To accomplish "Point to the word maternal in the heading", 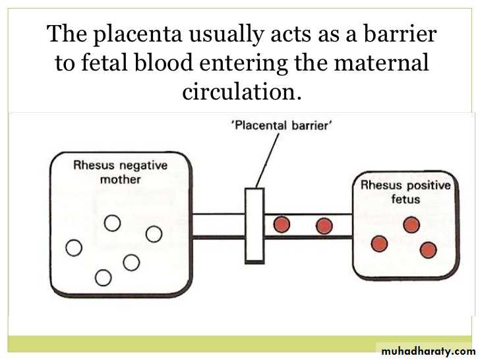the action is pos(381,63).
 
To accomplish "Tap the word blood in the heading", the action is pos(164,62).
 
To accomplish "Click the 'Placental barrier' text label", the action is pos(282,125).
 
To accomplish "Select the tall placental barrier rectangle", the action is pos(255,225).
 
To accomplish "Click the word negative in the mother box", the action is pos(143,166).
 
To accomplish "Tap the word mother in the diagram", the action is pos(120,179).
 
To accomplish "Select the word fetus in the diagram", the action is pos(405,199).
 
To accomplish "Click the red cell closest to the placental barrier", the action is pos(282,224).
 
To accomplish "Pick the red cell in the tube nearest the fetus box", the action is pos(324,226).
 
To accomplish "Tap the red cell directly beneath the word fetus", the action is pos(411,225).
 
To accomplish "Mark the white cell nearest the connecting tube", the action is pos(154,234).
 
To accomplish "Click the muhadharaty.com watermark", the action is pos(429,351).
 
